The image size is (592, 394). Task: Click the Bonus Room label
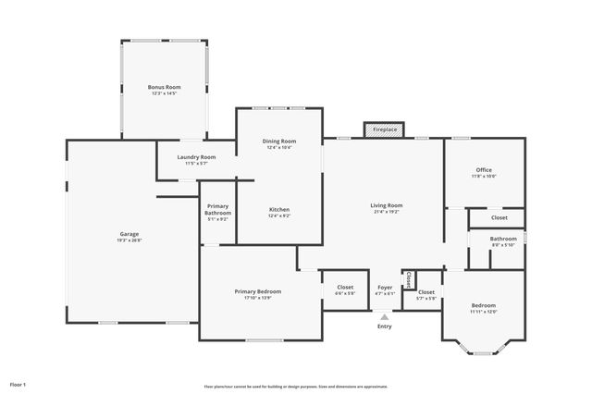pos(164,87)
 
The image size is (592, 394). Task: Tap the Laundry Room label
pos(196,157)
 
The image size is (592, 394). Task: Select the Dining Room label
pos(279,141)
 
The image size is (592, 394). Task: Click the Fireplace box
pos(385,129)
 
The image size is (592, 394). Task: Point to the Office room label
pos(484,170)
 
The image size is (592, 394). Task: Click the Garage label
pos(129,234)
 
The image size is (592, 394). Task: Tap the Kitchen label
pos(279,210)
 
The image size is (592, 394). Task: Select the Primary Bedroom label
pos(257,291)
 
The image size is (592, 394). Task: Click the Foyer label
pos(385,288)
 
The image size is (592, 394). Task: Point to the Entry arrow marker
pos(385,316)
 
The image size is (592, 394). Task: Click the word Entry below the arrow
pos(385,326)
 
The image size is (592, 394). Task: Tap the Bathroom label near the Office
pos(503,239)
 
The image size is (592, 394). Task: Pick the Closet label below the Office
pos(499,217)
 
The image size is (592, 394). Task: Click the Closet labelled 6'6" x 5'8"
pos(344,288)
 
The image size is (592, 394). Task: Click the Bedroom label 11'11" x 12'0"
pos(484,305)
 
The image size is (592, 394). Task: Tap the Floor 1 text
pos(18,384)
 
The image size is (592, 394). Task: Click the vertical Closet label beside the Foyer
pos(408,279)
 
